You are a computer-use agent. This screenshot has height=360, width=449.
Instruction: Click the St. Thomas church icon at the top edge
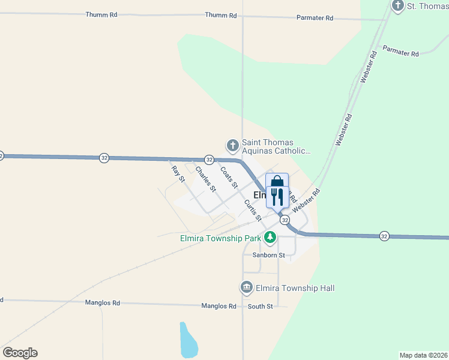pyautogui.click(x=397, y=6)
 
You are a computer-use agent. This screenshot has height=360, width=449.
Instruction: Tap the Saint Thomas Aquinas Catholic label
pyautogui.click(x=276, y=147)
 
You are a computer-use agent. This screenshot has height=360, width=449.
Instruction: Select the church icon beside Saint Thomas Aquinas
pyautogui.click(x=232, y=145)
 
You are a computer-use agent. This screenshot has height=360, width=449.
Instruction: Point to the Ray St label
pyautogui.click(x=176, y=174)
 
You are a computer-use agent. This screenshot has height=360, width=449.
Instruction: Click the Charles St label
pyautogui.click(x=205, y=179)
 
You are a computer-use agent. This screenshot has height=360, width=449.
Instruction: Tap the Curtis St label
pyautogui.click(x=252, y=209)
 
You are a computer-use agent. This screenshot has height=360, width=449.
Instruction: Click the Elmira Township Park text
pyautogui.click(x=221, y=238)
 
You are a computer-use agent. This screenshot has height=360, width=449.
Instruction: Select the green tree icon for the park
pyautogui.click(x=270, y=238)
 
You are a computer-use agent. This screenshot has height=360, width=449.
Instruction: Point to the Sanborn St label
pyautogui.click(x=266, y=254)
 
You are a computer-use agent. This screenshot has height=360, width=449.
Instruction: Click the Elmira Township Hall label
pyautogui.click(x=295, y=288)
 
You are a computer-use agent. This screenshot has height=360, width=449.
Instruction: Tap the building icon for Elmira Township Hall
pyautogui.click(x=246, y=288)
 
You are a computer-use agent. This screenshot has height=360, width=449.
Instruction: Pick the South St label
pyautogui.click(x=261, y=306)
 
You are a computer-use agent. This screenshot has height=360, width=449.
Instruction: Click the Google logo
pyautogui.click(x=20, y=353)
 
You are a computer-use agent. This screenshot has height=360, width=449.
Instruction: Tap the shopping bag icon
pyautogui.click(x=277, y=182)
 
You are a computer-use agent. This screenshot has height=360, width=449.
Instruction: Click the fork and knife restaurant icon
pyautogui.click(x=277, y=197)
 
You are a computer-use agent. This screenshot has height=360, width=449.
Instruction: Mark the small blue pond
pyautogui.click(x=188, y=340)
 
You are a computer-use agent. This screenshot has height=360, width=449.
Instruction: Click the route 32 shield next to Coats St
pyautogui.click(x=209, y=159)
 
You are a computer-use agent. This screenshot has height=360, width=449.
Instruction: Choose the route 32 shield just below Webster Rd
pyautogui.click(x=285, y=221)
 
